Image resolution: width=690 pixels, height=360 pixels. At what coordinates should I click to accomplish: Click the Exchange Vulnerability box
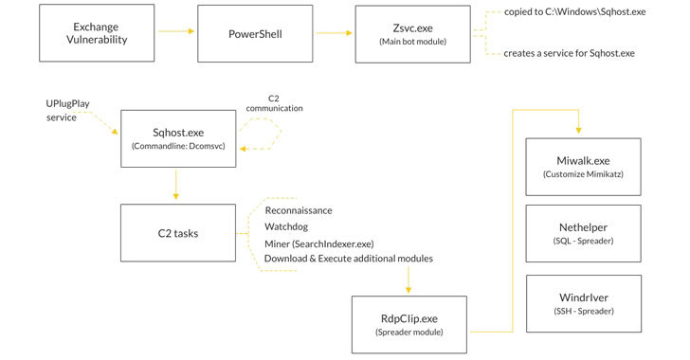[96, 34]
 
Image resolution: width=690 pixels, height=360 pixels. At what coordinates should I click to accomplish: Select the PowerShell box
[254, 34]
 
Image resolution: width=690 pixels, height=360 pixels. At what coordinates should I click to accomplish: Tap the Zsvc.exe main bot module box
[412, 34]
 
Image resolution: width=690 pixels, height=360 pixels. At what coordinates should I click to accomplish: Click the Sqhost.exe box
[178, 138]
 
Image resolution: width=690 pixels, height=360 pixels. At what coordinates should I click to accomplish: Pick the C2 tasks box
[178, 233]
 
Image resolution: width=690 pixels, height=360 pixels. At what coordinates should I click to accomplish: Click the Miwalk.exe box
[583, 167]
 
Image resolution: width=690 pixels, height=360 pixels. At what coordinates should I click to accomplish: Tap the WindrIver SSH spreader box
[583, 303]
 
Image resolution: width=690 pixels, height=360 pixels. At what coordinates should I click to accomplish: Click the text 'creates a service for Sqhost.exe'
[568, 53]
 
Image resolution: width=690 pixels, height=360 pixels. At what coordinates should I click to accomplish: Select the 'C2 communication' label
[275, 102]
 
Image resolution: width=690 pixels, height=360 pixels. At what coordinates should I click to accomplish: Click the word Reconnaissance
[299, 210]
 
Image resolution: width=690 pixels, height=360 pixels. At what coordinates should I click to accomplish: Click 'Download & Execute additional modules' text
[348, 259]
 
